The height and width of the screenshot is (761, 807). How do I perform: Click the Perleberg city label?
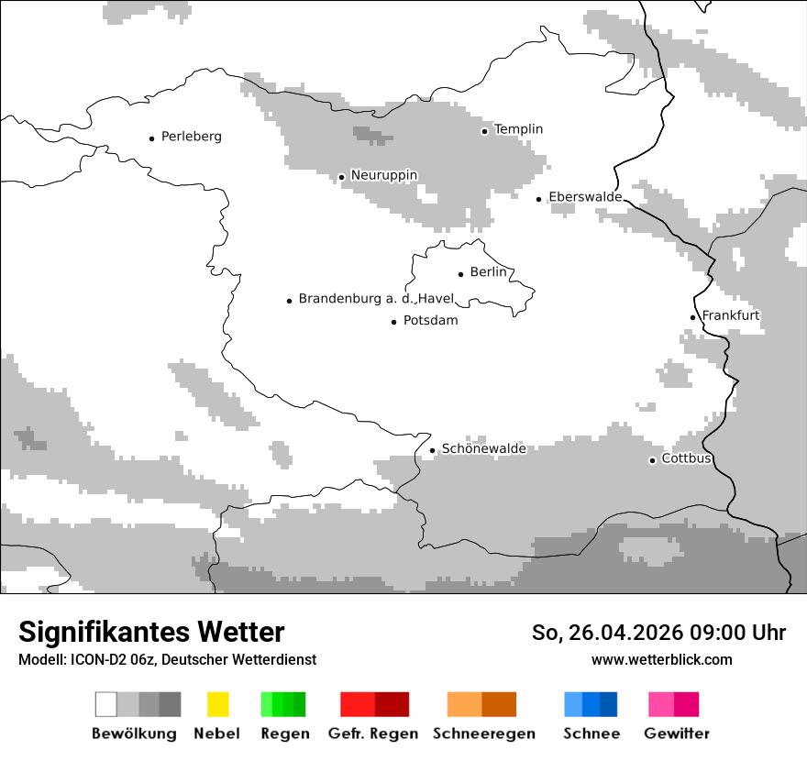(x=191, y=137)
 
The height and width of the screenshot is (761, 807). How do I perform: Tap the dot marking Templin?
(x=484, y=131)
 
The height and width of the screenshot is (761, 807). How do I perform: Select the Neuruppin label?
(x=383, y=175)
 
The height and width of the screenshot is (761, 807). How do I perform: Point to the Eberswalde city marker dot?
(x=539, y=199)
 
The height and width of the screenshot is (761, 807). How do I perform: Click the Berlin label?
(x=488, y=272)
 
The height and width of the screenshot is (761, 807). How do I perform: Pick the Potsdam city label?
(x=430, y=321)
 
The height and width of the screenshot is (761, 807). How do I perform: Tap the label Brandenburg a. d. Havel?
(x=376, y=299)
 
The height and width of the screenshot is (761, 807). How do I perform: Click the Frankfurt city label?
(x=730, y=315)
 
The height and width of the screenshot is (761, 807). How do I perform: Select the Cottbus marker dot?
(x=652, y=460)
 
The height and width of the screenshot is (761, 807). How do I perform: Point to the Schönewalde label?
(x=483, y=448)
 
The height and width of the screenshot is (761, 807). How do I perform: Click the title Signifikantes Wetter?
(x=151, y=632)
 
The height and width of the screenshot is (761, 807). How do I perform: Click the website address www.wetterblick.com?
(x=661, y=659)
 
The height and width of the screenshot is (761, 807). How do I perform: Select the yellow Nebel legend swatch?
(x=218, y=704)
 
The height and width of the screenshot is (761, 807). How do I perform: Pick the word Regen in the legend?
(x=284, y=733)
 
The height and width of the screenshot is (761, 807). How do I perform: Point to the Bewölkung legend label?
(x=134, y=733)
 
